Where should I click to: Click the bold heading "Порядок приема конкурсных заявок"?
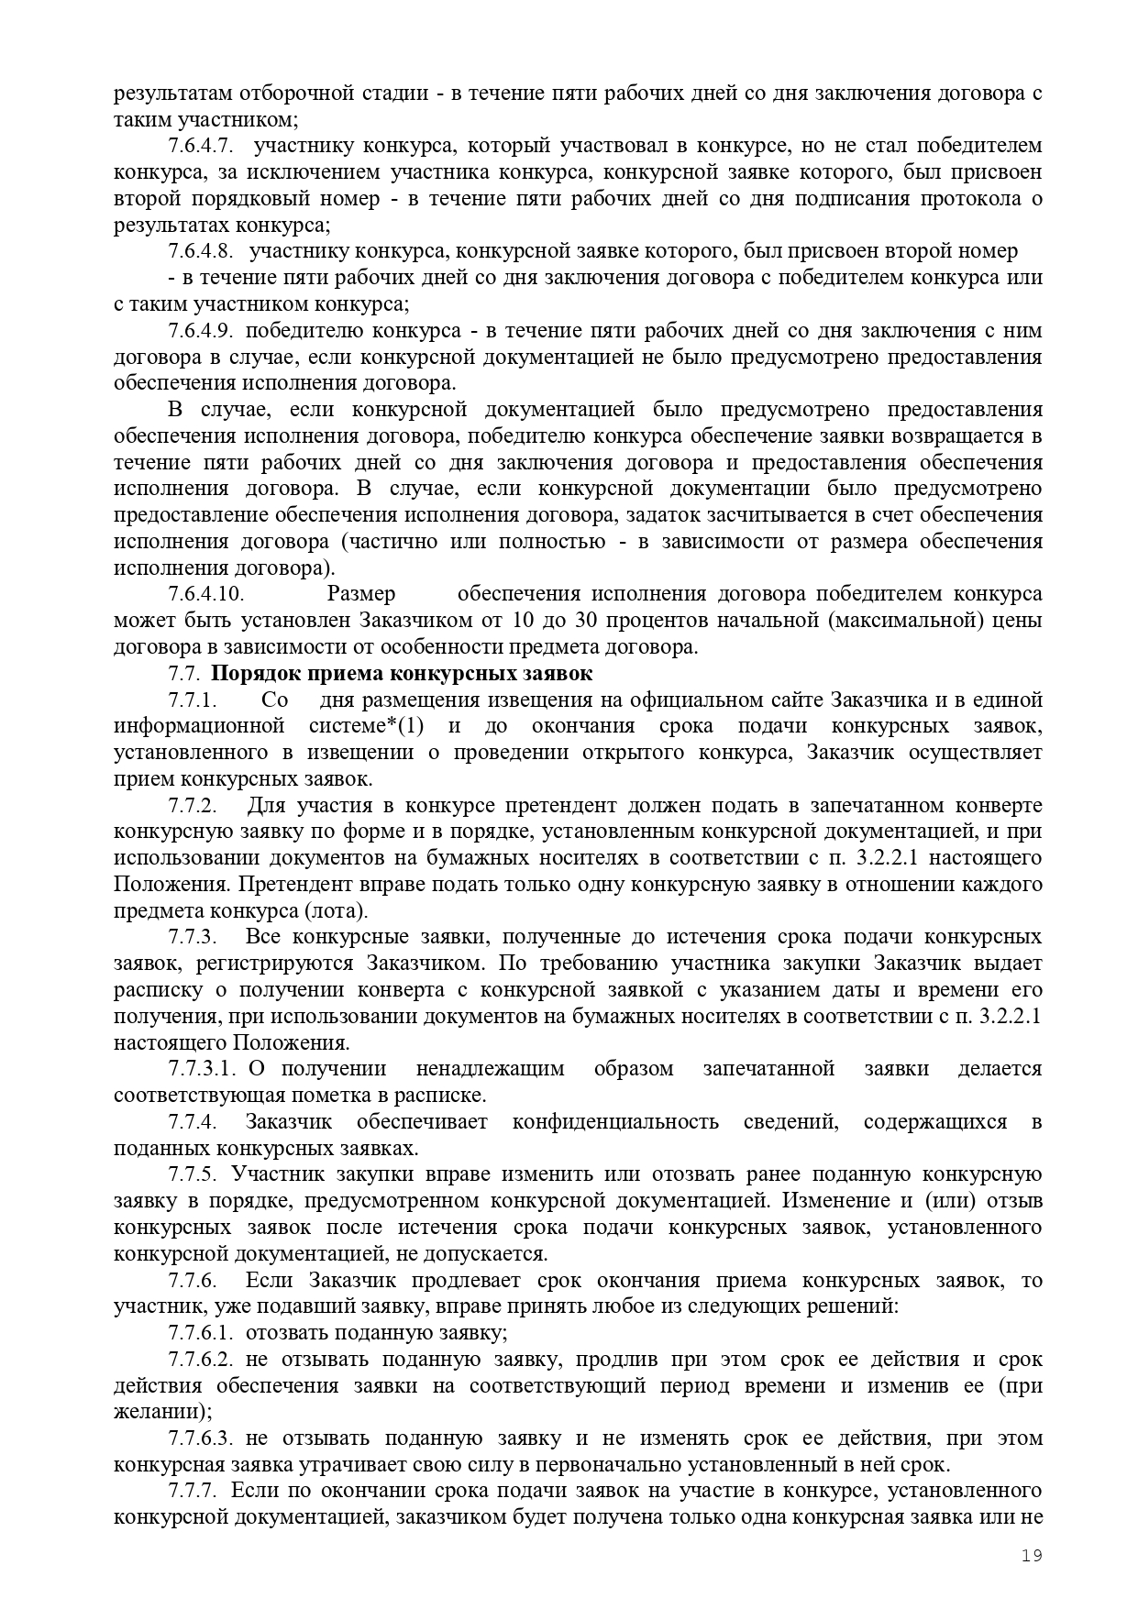(402, 674)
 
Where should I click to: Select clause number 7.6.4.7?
(200, 145)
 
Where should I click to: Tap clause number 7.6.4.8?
(200, 251)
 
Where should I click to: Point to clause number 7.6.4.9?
(200, 330)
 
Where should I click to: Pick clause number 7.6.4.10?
(205, 594)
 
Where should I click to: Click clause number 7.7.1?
(193, 700)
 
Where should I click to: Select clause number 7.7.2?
(193, 806)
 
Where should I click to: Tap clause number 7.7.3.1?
(203, 1069)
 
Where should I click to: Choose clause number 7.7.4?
(193, 1122)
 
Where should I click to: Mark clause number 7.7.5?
(193, 1174)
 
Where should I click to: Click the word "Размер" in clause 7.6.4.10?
(361, 594)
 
